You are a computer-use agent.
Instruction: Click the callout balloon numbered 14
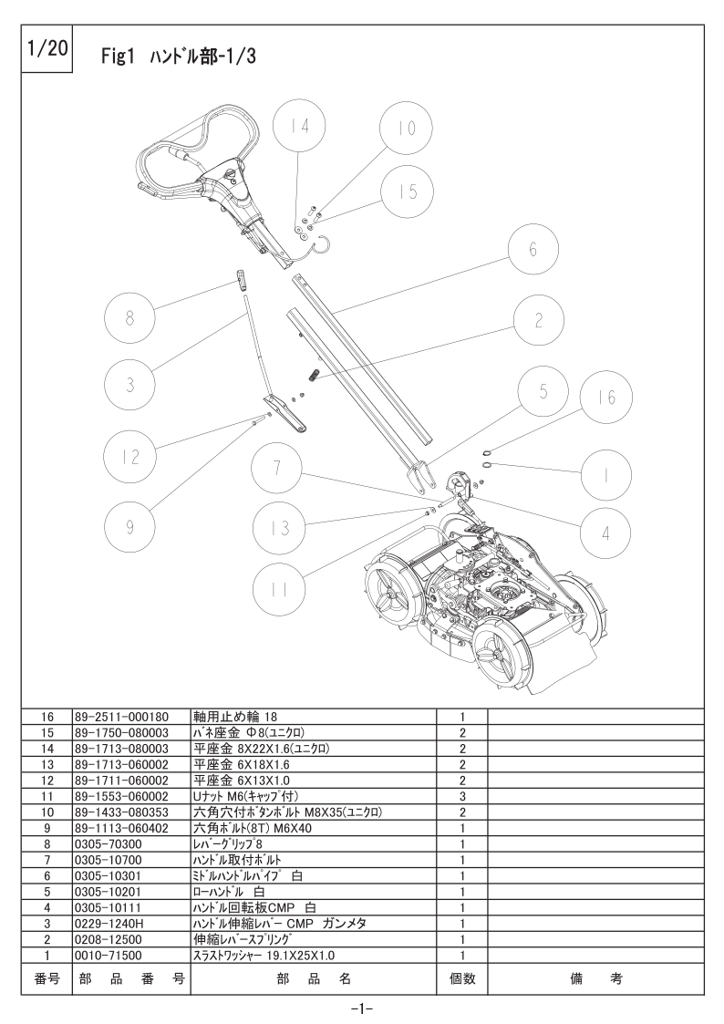[x=300, y=126]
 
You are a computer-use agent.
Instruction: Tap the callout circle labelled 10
[x=407, y=128]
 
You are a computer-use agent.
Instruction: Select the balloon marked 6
[x=533, y=249]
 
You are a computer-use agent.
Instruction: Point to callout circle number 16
[x=606, y=397]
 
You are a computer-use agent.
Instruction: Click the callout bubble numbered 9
[x=129, y=526]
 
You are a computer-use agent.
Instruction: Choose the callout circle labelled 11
[x=278, y=590]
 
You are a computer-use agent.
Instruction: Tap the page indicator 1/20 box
[x=47, y=49]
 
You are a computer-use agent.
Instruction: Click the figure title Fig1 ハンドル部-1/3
[x=178, y=57]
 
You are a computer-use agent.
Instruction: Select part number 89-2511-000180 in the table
[x=121, y=717]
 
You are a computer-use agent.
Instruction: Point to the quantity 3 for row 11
[x=462, y=796]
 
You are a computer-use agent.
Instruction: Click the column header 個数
[x=462, y=978]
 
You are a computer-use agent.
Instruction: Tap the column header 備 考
[x=596, y=978]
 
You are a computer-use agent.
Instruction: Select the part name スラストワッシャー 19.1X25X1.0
[x=264, y=956]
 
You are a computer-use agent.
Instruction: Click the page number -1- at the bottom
[x=362, y=1009]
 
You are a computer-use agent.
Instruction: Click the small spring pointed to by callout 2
[x=314, y=377]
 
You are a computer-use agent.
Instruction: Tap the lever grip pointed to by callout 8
[x=242, y=279]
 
